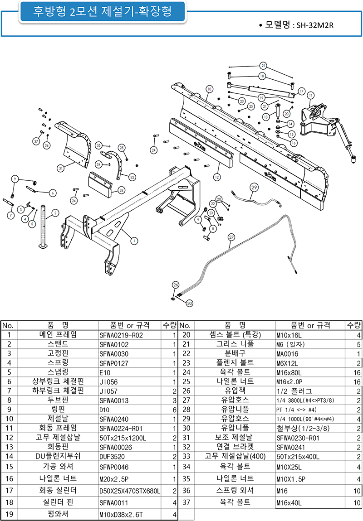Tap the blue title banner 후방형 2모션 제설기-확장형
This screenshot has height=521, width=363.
[96, 12]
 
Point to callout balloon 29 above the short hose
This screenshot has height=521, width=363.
[254, 187]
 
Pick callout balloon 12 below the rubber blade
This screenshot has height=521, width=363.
[217, 177]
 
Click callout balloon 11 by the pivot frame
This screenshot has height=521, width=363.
[310, 96]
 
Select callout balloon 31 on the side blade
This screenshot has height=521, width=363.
[60, 168]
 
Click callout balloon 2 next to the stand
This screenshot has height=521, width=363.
[55, 212]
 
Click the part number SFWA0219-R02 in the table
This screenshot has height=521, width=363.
[121, 335]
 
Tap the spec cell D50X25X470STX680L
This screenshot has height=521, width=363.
[130, 491]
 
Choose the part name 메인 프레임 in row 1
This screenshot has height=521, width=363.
[58, 335]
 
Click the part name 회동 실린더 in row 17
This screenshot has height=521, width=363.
[58, 491]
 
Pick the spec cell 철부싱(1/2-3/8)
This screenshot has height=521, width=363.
[303, 429]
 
